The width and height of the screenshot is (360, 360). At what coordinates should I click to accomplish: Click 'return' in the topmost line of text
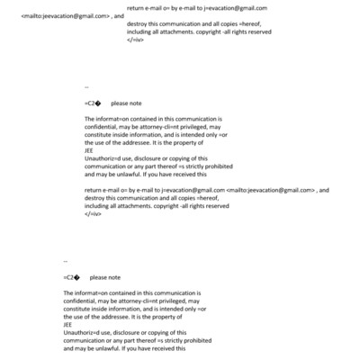[137, 7]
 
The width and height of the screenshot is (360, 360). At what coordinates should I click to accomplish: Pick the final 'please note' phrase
[105, 277]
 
